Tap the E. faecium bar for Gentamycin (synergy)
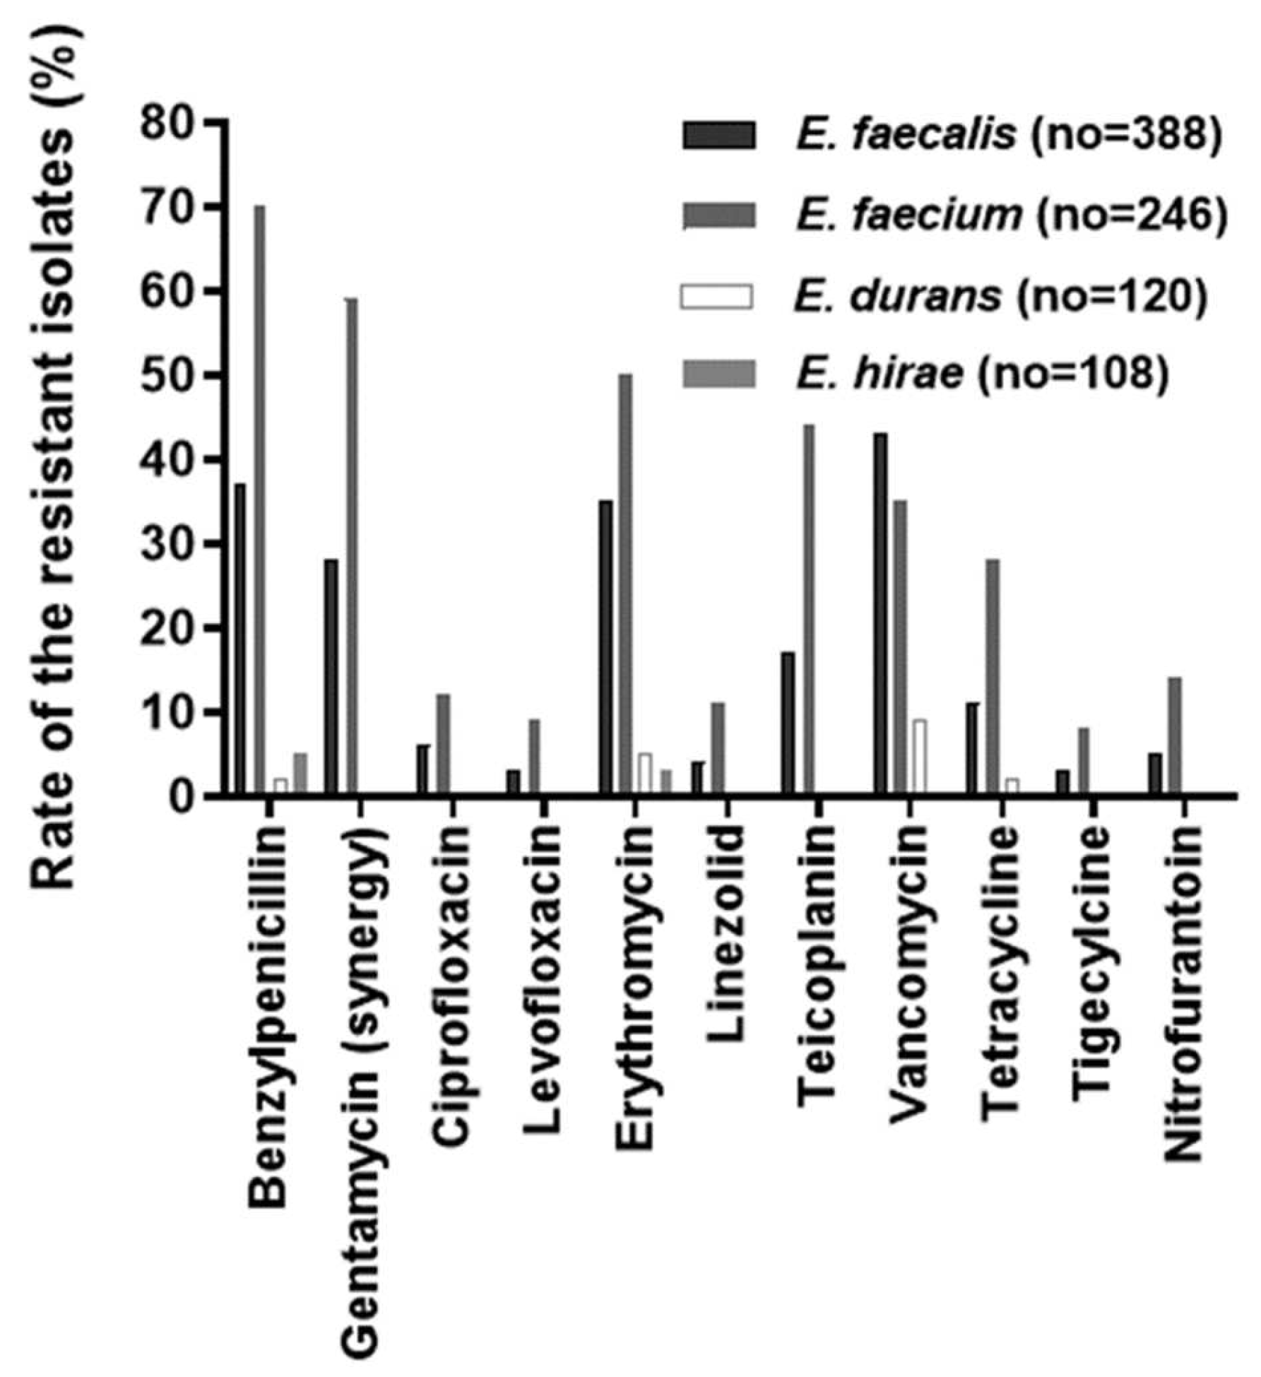(351, 547)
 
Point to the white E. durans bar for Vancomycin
(920, 757)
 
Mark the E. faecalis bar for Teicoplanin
(788, 723)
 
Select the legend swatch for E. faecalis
(718, 134)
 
